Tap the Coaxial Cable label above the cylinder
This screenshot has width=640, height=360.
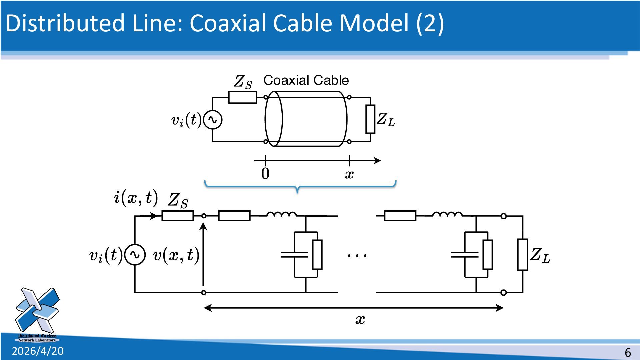click(306, 80)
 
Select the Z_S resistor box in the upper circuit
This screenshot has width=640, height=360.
click(242, 97)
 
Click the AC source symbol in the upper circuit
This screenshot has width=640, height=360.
click(213, 120)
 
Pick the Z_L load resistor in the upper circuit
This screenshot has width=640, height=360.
click(370, 119)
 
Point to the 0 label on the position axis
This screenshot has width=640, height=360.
click(265, 174)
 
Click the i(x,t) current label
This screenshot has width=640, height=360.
click(136, 197)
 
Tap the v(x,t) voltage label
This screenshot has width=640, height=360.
click(176, 255)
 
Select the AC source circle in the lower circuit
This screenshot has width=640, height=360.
click(135, 255)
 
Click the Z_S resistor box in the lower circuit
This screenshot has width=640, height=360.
click(177, 216)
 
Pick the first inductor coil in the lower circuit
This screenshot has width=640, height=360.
click(281, 214)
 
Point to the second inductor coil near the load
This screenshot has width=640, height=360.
click(447, 214)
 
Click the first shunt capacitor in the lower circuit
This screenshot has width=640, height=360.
click(294, 255)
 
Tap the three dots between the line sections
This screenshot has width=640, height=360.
click(357, 256)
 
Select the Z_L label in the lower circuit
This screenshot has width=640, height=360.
click(540, 255)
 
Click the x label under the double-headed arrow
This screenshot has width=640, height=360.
click(360, 319)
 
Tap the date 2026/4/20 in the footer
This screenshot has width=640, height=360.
click(38, 351)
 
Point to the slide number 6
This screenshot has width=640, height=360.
click(628, 352)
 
